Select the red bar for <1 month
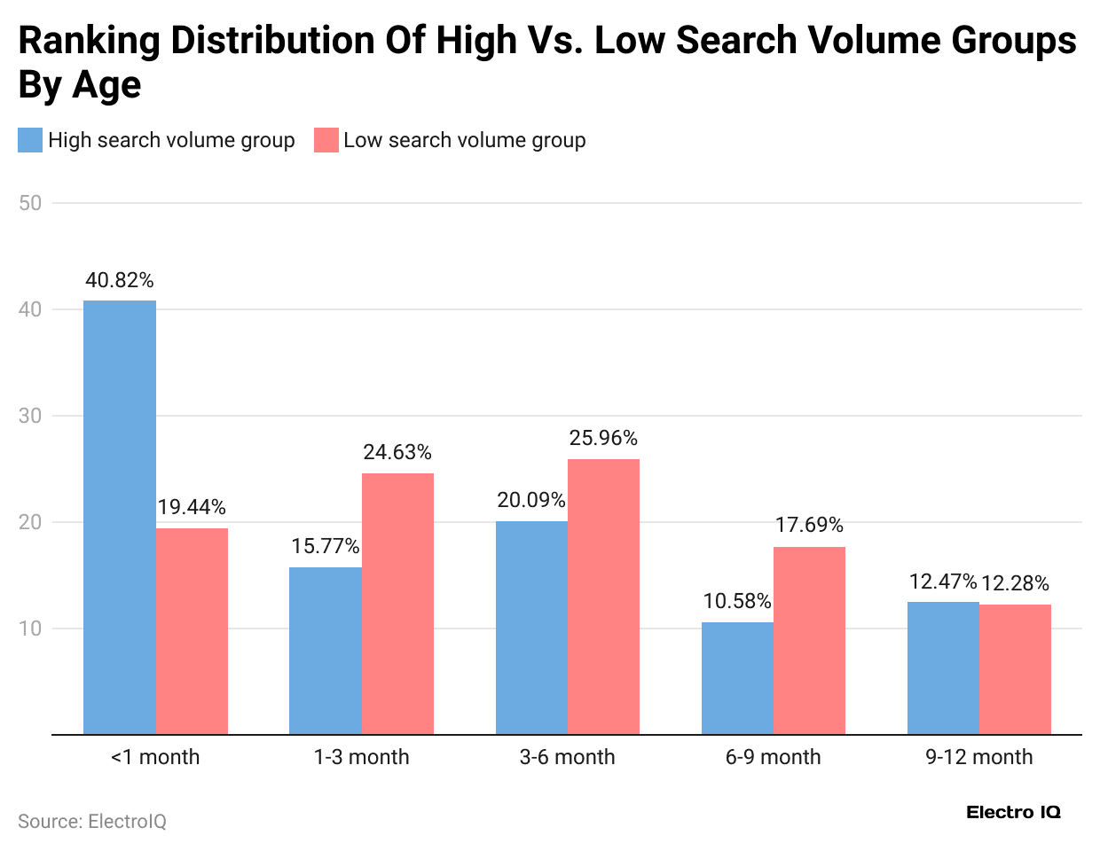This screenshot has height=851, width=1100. click(x=192, y=631)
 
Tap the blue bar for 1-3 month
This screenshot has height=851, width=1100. click(x=326, y=651)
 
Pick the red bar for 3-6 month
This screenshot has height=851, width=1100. click(x=603, y=597)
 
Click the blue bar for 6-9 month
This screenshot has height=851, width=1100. click(x=737, y=678)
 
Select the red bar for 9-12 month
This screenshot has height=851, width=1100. click(x=1015, y=669)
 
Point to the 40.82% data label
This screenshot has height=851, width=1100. click(x=120, y=280)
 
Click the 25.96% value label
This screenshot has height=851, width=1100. click(x=603, y=438)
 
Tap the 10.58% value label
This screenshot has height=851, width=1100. click(x=737, y=601)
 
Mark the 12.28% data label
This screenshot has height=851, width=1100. click(x=1015, y=583)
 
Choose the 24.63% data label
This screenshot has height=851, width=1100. click(x=397, y=452)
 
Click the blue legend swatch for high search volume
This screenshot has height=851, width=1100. click(x=30, y=140)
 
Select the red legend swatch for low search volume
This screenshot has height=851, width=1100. click(x=326, y=140)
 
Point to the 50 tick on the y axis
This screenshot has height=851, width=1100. click(x=30, y=203)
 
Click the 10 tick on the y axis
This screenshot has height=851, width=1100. click(x=30, y=628)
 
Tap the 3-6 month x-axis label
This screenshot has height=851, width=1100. click(x=568, y=757)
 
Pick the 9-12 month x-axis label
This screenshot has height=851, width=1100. click(x=979, y=757)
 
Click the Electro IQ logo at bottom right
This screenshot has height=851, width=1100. click(x=1013, y=812)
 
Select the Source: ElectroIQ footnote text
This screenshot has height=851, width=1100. click(x=92, y=822)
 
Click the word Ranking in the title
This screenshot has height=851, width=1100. click(x=90, y=41)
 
